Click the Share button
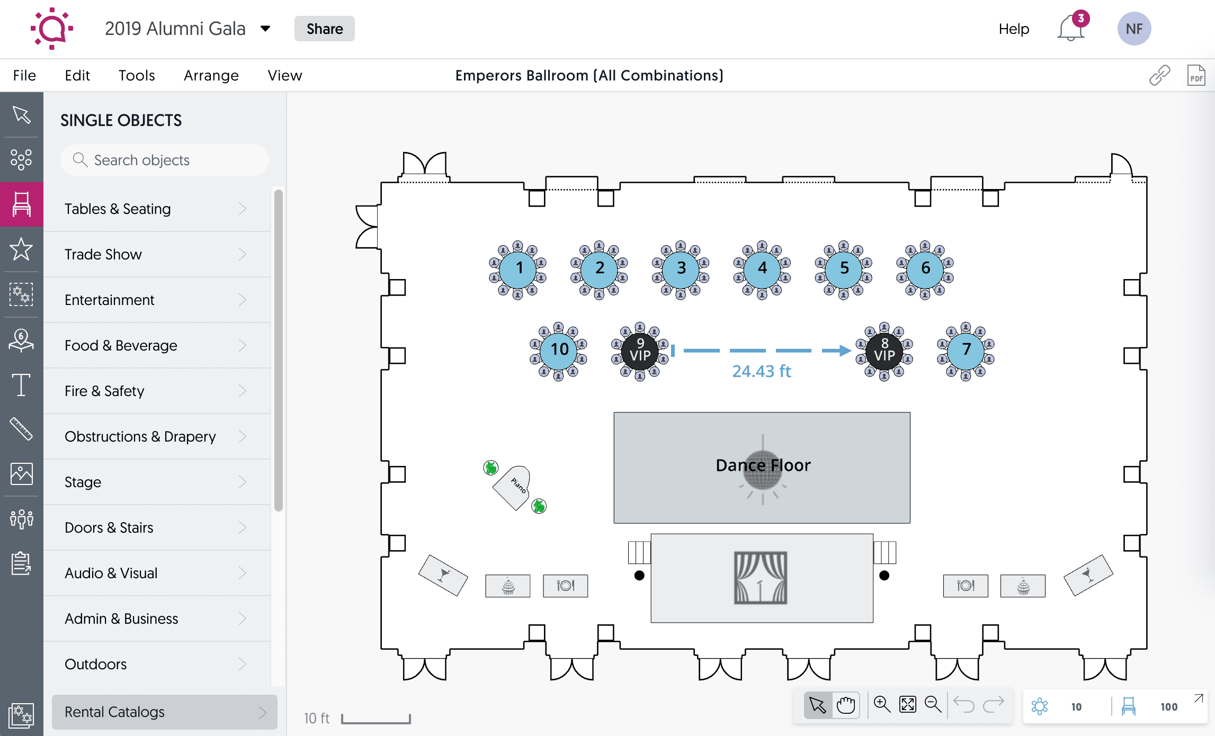tap(324, 29)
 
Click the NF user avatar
tap(1134, 29)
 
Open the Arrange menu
tap(211, 75)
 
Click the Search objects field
tap(164, 160)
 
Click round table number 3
tap(681, 268)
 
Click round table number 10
tap(559, 349)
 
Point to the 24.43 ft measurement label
tap(761, 371)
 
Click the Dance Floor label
tap(763, 465)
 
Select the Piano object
tap(513, 487)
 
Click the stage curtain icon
tap(760, 578)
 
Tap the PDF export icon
tap(1195, 75)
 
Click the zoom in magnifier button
tap(882, 705)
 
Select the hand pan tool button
tap(846, 705)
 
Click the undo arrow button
tap(963, 705)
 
